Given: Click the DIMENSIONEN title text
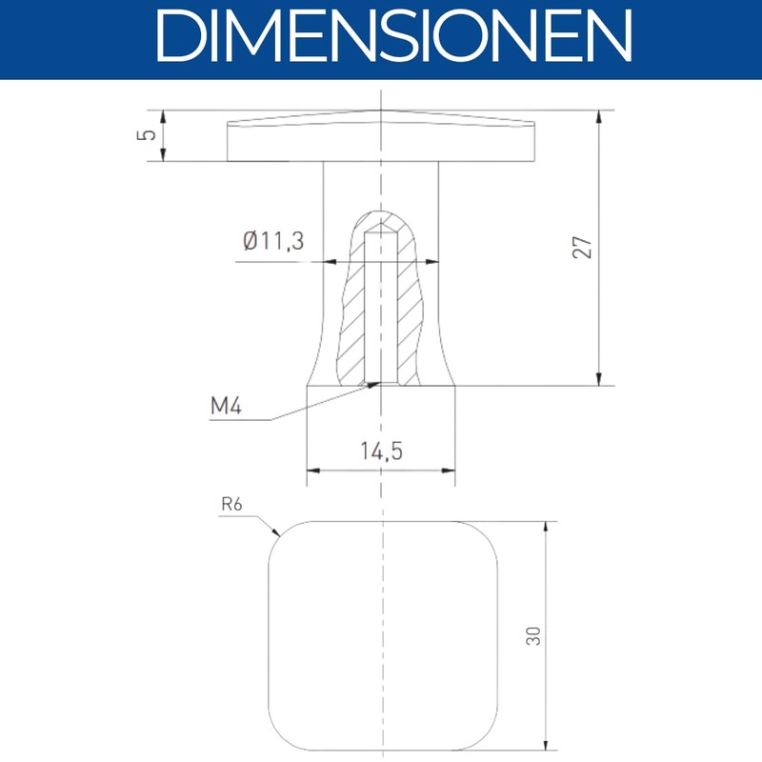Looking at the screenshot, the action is tap(393, 36).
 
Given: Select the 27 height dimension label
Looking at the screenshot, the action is tap(582, 248).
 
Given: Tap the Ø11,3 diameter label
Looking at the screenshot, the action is tap(273, 241).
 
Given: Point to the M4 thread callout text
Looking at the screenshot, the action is tap(226, 406).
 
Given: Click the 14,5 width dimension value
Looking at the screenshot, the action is tap(382, 451).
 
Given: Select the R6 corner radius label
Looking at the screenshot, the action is tap(231, 505).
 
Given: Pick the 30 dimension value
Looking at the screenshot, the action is tap(533, 636).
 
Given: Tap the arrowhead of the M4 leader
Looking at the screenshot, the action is tap(373, 385).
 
